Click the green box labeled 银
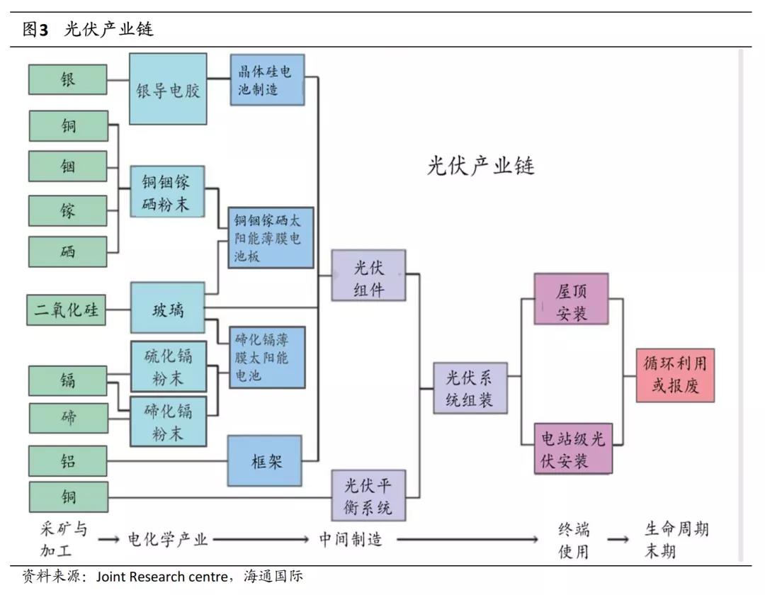click(x=68, y=79)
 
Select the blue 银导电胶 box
click(x=168, y=89)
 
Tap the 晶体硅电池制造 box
click(x=266, y=80)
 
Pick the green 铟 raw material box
click(x=68, y=166)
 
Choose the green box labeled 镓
click(x=68, y=211)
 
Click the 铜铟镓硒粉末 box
click(x=168, y=192)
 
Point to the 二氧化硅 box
click(x=67, y=310)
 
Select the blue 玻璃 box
click(x=168, y=309)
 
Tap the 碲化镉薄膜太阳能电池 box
click(x=266, y=357)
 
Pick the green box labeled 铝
click(x=68, y=461)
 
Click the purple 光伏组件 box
click(x=368, y=276)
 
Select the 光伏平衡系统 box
click(x=368, y=496)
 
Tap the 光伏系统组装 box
click(x=470, y=388)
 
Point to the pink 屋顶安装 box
click(x=571, y=299)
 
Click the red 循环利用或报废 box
click(x=674, y=375)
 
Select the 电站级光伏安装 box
click(x=573, y=448)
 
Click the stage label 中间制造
click(x=350, y=539)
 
